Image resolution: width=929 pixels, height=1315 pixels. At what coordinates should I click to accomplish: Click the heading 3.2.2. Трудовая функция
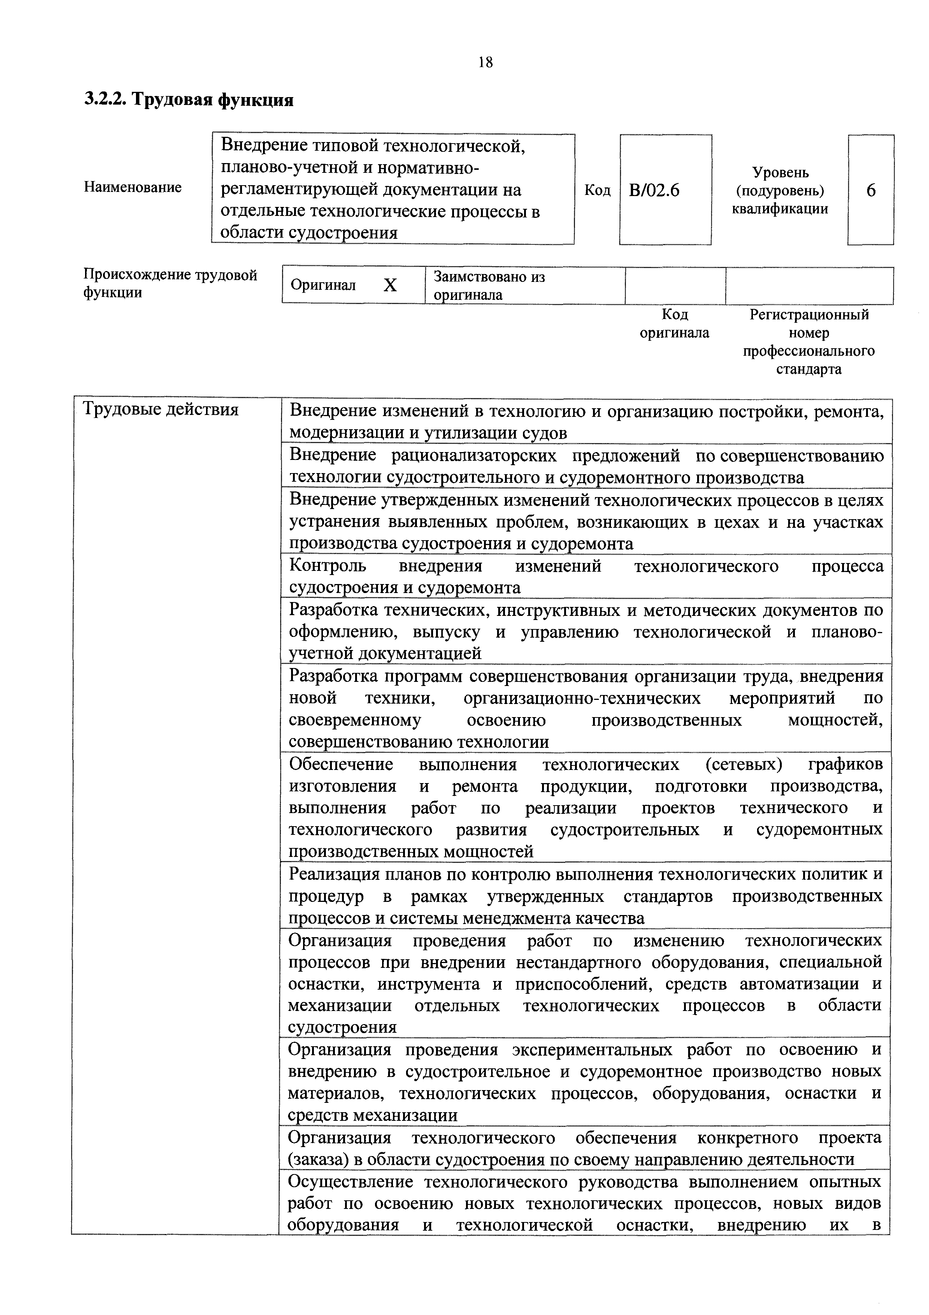189,100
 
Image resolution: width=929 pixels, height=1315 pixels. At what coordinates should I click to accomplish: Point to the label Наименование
133,187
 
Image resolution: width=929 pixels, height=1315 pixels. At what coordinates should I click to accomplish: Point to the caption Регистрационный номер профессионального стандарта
809,342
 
